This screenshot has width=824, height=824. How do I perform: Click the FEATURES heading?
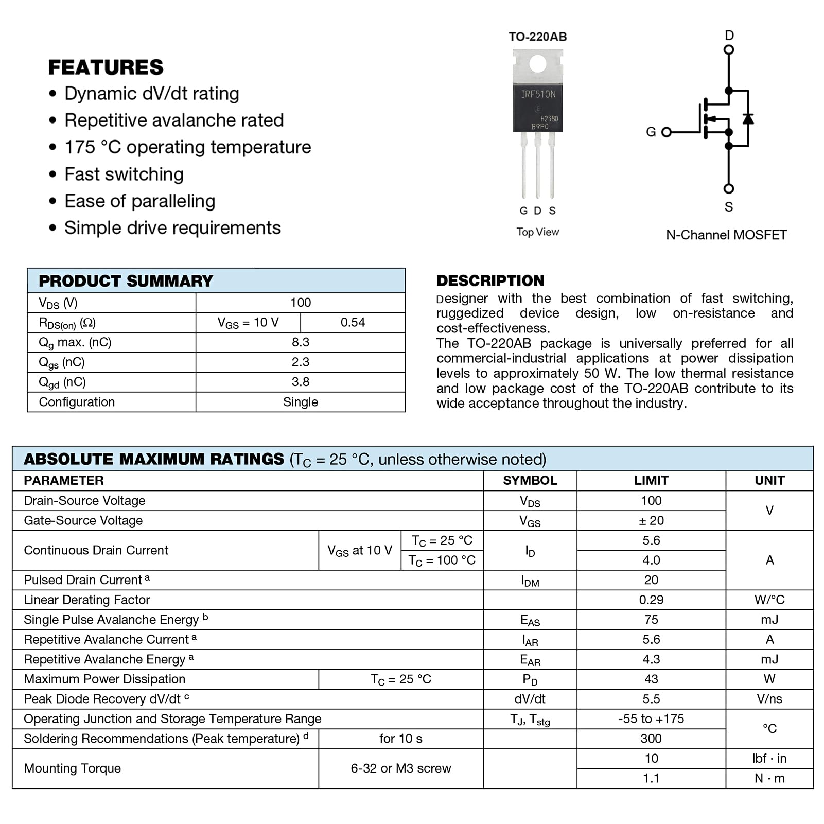coord(106,67)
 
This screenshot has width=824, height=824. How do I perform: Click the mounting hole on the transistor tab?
coord(538,64)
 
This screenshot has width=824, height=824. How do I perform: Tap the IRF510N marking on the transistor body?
coord(538,94)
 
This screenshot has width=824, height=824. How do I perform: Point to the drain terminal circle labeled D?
coord(729,50)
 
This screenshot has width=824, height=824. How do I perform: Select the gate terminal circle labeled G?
coord(667,132)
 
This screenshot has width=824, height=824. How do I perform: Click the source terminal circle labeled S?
coord(729,189)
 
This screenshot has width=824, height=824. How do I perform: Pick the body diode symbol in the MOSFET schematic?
coord(748,119)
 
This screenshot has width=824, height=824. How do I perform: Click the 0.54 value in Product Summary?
coord(353,323)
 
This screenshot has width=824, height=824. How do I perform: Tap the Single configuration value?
coord(301,402)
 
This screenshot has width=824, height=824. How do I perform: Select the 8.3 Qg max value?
coord(301,342)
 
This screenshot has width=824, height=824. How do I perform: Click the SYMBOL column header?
coord(530,481)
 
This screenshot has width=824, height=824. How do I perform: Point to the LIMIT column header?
coord(651,481)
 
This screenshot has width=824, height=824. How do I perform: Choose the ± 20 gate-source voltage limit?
coord(651,521)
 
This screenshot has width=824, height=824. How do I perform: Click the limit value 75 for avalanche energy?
coord(651,620)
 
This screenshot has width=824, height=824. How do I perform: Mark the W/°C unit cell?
coord(769,600)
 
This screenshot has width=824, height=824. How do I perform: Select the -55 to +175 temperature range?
coord(651,719)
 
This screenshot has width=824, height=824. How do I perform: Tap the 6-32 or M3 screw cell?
coord(400,768)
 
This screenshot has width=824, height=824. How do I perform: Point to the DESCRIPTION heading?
coord(490,280)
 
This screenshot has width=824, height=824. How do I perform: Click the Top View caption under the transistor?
coord(537,232)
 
